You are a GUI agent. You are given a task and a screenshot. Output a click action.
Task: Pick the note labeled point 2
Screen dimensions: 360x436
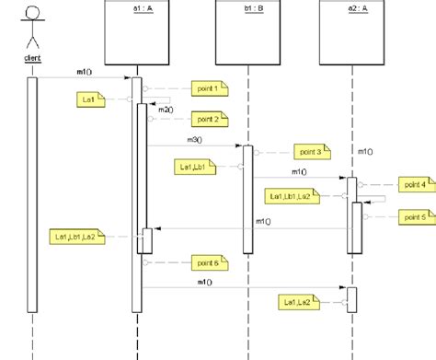[208, 119]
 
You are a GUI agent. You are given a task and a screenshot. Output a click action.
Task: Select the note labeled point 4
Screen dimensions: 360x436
[415, 185]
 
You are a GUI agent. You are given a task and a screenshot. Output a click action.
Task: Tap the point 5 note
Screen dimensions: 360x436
[415, 216]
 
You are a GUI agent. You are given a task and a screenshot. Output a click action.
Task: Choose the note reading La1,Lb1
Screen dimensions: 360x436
[193, 166]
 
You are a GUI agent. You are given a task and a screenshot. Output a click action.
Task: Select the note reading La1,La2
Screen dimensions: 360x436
[297, 302]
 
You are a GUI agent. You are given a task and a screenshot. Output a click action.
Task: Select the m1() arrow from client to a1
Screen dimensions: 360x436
[83, 78]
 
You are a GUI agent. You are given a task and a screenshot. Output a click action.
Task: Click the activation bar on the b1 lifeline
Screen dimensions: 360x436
[247, 198]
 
